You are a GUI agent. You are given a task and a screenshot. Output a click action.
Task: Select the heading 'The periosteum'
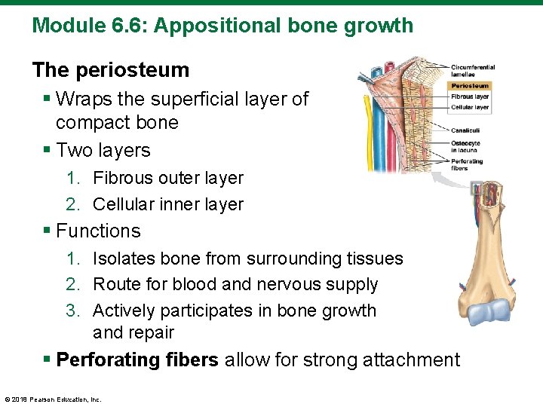(110, 70)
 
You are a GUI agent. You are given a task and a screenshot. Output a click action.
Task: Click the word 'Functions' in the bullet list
(98, 231)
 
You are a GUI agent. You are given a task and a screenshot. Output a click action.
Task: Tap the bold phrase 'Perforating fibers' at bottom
(137, 360)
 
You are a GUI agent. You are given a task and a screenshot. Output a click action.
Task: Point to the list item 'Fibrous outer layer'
(167, 179)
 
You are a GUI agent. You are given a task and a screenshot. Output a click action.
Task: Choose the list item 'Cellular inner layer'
(167, 204)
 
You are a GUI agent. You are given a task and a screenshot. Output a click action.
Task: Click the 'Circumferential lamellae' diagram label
(472, 71)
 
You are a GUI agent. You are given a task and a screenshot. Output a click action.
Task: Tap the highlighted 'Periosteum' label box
(471, 86)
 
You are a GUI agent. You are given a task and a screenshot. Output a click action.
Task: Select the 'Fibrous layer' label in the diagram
(471, 96)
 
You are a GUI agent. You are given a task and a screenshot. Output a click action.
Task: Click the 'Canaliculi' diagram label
(466, 130)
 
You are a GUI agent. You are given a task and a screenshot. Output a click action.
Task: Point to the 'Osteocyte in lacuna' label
(466, 146)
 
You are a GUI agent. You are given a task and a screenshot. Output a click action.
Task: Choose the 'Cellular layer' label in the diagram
(471, 107)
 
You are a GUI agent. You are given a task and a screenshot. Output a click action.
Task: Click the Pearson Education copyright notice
(53, 399)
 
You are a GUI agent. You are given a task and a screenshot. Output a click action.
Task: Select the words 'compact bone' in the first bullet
(117, 123)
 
